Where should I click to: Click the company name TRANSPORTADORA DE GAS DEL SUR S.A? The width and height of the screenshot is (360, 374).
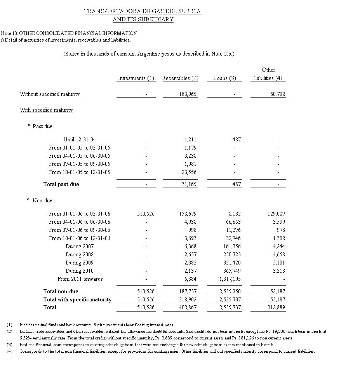143,12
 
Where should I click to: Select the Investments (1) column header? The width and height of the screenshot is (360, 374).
136,78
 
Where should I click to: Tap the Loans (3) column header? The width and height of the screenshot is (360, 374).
224,78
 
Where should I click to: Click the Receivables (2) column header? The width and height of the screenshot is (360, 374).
180,78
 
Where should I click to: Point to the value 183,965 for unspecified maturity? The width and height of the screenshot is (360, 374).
188,94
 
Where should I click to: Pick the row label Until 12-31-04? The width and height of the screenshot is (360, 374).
79,139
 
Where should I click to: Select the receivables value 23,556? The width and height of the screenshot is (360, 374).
189,172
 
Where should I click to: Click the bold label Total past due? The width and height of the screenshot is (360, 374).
61,184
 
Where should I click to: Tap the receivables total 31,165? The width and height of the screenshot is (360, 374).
189,184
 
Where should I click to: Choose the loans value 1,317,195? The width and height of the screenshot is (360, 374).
228,279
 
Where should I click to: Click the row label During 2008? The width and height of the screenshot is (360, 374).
80,254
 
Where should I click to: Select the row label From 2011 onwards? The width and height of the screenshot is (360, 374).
80,279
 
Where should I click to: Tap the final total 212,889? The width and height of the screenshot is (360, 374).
276,307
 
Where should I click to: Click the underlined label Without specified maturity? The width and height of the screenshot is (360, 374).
50,94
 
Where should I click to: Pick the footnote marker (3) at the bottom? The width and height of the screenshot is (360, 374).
9,344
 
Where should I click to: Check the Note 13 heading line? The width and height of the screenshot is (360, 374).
69,33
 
